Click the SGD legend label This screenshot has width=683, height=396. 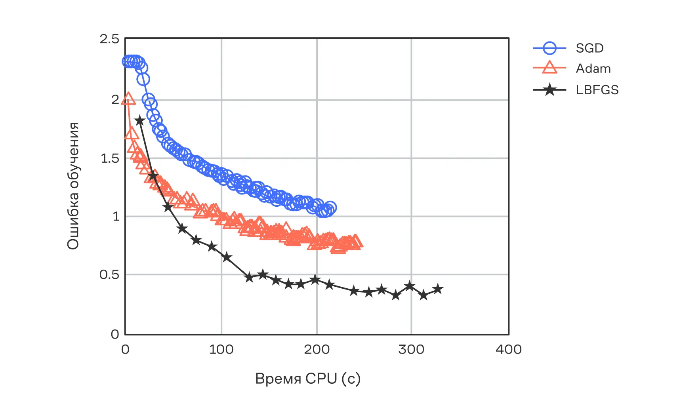(590, 48)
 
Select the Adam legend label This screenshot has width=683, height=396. (593, 69)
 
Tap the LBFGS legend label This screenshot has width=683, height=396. (597, 90)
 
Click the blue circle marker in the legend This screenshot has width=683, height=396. (549, 48)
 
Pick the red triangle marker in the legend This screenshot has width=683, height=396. (549, 68)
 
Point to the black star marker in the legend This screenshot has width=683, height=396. (549, 90)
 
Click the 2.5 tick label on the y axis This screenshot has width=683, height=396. (109, 39)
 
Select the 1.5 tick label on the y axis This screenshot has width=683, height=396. (110, 158)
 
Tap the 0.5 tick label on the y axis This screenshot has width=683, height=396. (109, 275)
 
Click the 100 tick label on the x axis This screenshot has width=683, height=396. (221, 349)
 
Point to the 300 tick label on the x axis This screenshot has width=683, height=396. (411, 349)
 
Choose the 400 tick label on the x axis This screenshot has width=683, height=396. (509, 349)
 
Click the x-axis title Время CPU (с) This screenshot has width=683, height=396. (308, 379)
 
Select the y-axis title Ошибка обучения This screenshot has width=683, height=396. (73, 186)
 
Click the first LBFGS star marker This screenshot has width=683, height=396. (139, 120)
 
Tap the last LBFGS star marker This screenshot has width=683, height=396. (438, 289)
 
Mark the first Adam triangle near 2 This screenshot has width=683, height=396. (128, 99)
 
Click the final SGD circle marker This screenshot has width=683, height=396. (330, 208)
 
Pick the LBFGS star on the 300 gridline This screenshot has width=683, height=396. (410, 286)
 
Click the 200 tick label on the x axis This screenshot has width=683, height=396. (317, 349)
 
